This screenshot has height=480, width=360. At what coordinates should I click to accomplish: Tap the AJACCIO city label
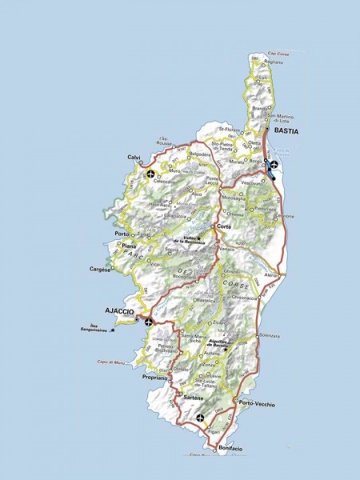click(x=118, y=310)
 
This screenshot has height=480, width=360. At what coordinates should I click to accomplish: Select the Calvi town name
click(x=134, y=157)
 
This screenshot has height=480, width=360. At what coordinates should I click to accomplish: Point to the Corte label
click(x=224, y=228)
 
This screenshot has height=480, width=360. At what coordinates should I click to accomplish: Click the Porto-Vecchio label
click(x=256, y=405)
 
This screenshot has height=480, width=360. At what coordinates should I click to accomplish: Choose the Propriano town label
click(x=155, y=376)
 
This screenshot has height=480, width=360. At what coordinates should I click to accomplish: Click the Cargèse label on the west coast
click(x=100, y=270)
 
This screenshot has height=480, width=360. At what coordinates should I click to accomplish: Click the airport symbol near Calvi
click(x=152, y=173)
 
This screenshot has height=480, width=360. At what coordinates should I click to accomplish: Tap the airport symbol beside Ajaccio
click(x=148, y=322)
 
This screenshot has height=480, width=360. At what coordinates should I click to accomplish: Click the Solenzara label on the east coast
click(x=270, y=336)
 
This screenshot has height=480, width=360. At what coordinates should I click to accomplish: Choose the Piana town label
click(x=128, y=246)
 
